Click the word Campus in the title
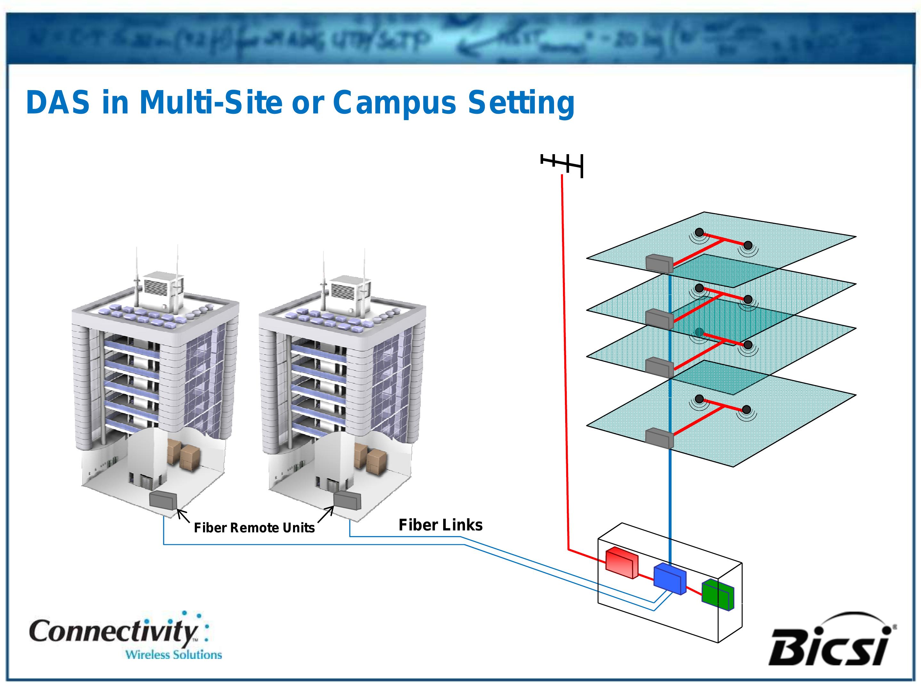tap(395, 103)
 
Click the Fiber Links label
tap(441, 525)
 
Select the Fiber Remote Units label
tap(254, 528)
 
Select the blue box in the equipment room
tap(669, 579)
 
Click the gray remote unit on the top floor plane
tap(659, 264)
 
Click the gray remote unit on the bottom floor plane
tap(659, 438)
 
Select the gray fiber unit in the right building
tap(347, 500)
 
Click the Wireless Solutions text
tap(174, 655)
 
